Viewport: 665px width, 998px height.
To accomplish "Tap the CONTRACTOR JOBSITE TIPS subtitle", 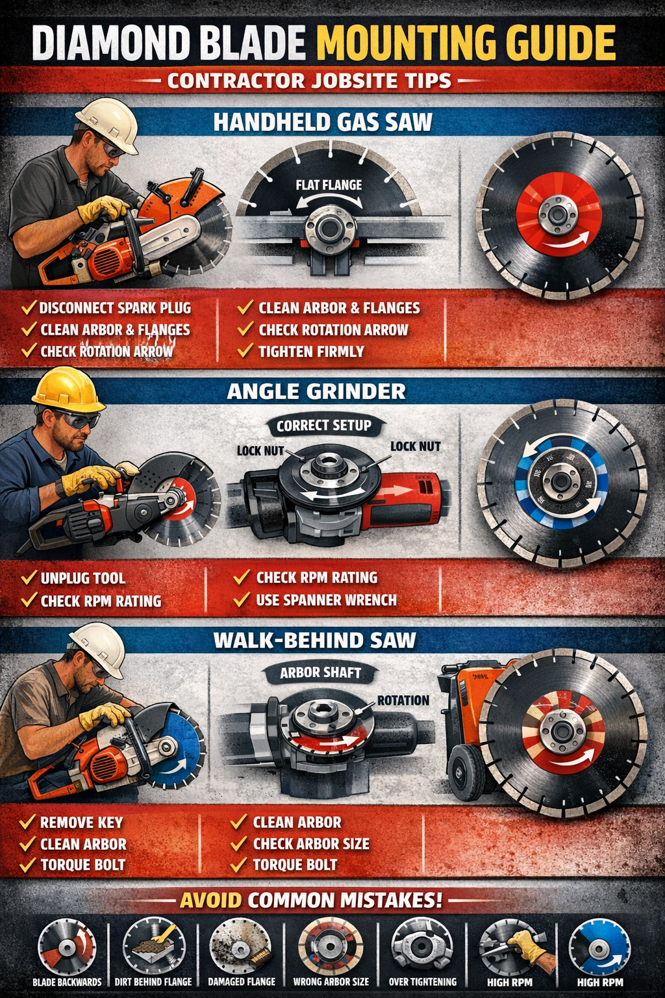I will click(309, 81).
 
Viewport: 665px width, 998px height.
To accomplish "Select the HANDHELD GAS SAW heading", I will click(323, 122).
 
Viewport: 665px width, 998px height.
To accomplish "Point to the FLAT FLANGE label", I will click(329, 185).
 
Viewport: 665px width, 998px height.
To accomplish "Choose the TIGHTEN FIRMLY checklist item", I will click(311, 352).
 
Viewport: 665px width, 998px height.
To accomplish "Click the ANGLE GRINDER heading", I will click(316, 391).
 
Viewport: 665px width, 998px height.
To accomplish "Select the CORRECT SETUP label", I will click(324, 426).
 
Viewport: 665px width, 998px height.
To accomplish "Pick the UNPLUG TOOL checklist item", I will click(82, 578).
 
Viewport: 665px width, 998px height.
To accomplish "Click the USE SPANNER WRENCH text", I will click(326, 600).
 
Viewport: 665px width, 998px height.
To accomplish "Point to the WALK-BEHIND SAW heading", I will click(314, 640).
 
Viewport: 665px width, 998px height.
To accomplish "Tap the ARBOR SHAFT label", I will click(320, 673).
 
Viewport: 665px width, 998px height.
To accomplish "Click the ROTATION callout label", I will click(403, 700).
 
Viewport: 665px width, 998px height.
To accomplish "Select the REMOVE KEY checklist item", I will click(81, 823).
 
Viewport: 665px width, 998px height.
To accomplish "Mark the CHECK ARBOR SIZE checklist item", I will click(311, 844).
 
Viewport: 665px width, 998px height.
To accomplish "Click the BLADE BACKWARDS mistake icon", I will click(66, 947).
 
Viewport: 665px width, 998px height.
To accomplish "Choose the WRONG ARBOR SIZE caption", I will click(331, 982).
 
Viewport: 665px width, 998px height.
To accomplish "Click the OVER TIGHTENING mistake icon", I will click(422, 945).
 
